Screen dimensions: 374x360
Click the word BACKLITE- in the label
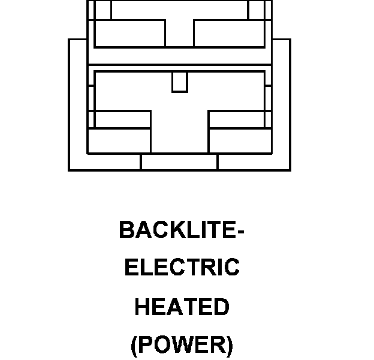click(x=182, y=230)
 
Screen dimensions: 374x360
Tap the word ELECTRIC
click(x=182, y=268)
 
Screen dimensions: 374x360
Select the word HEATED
click(x=182, y=307)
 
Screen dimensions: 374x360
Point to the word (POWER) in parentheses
click(x=182, y=346)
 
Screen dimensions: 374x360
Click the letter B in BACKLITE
click(x=126, y=230)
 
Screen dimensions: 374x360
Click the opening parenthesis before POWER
click(x=134, y=346)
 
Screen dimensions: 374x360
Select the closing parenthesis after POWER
click(x=228, y=346)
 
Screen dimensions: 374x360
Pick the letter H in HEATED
click(x=141, y=307)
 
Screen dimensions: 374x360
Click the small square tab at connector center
click(x=179, y=82)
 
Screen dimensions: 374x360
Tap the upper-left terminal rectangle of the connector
click(x=129, y=33)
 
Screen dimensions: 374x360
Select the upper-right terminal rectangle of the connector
click(x=228, y=33)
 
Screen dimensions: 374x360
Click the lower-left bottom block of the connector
click(x=119, y=140)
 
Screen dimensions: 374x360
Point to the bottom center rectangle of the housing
click(x=179, y=162)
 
